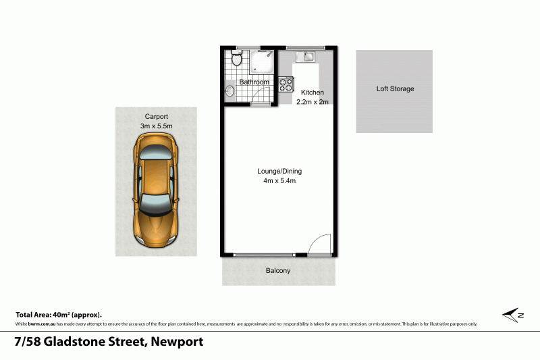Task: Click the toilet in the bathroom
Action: (x=236, y=59)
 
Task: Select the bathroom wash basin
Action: (x=230, y=89)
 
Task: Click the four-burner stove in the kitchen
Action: (x=286, y=84)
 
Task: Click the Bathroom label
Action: (x=254, y=82)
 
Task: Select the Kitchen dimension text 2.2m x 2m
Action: (x=313, y=102)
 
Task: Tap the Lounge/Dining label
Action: (x=277, y=170)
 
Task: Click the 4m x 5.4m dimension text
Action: (x=277, y=180)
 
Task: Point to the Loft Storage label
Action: (x=395, y=88)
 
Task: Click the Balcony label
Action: (x=278, y=271)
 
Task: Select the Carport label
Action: (x=156, y=116)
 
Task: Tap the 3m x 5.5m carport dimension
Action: (x=156, y=126)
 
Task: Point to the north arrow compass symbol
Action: (x=514, y=314)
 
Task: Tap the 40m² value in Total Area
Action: (x=61, y=315)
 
